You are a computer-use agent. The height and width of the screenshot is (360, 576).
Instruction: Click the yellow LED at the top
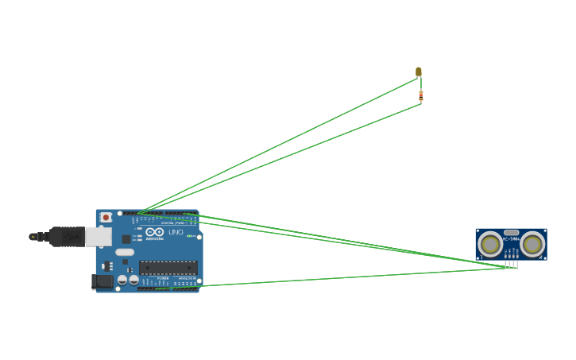(419, 72)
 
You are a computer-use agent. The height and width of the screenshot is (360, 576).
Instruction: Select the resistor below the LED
(421, 96)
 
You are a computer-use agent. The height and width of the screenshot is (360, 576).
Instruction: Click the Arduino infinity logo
(155, 232)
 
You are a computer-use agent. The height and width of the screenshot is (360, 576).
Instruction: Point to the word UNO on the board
(176, 231)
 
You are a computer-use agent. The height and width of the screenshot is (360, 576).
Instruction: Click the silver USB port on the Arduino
(98, 236)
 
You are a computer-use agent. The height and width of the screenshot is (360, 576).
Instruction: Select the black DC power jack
(102, 281)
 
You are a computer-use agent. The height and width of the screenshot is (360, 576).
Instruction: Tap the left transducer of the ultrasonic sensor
(491, 243)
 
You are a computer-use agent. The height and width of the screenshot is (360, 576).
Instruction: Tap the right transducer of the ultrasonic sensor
(532, 243)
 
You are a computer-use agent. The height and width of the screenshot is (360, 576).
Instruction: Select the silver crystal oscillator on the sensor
(512, 233)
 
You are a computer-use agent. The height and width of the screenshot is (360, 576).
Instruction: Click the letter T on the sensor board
(482, 257)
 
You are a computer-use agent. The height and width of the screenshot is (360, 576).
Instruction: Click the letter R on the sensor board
(541, 257)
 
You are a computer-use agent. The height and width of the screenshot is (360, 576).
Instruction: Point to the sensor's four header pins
(511, 263)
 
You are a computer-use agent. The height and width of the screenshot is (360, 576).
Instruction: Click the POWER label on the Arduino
(162, 277)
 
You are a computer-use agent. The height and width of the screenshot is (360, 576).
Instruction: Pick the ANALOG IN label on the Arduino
(186, 277)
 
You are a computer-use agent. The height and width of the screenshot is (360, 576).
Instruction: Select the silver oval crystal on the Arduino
(125, 253)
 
